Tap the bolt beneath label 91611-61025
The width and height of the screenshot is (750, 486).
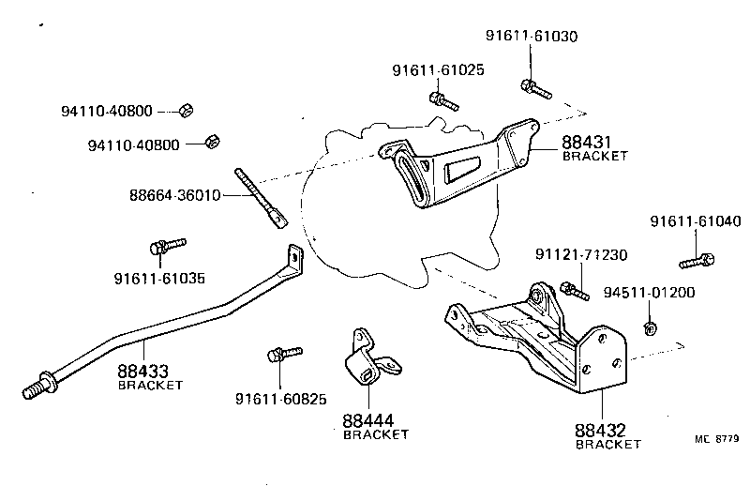click(x=441, y=98)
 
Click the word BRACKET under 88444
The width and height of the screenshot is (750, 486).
click(x=376, y=434)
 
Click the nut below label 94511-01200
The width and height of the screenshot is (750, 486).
click(x=648, y=327)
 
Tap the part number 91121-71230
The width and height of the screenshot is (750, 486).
click(x=581, y=255)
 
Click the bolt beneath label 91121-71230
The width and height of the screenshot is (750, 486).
click(x=572, y=289)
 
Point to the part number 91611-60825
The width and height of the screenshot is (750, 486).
click(x=280, y=399)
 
